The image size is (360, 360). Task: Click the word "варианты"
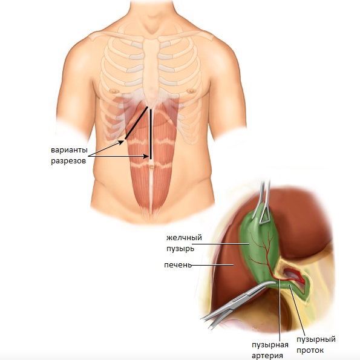(x=69, y=150)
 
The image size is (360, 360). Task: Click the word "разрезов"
(x=68, y=161)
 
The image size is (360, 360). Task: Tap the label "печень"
(x=178, y=265)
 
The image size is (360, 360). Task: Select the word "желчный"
(x=184, y=237)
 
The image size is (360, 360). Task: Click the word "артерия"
(x=267, y=356)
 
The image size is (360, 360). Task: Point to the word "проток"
(x=310, y=350)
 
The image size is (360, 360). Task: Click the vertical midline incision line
(x=151, y=134)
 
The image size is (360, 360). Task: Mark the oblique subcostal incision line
(x=136, y=123)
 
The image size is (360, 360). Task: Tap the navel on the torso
(x=151, y=166)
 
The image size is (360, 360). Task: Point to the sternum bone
(x=151, y=69)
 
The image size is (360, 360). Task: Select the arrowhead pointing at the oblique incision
(x=121, y=142)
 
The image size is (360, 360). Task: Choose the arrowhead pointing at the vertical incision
(x=146, y=156)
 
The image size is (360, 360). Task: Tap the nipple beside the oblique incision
(x=114, y=91)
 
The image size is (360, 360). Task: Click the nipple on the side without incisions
(x=191, y=91)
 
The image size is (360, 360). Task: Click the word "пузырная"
(x=270, y=345)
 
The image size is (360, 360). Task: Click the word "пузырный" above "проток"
(x=316, y=339)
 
